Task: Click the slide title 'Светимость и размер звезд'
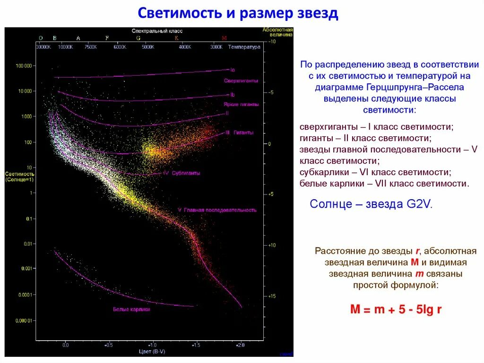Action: pos(238,13)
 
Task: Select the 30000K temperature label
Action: pos(43,47)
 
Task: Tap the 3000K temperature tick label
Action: pos(216,47)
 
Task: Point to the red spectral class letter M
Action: pos(224,38)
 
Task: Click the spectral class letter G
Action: pos(138,38)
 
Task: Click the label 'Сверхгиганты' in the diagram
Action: pos(241,81)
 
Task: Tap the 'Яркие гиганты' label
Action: pos(241,104)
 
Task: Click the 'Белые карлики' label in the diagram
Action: pos(131,309)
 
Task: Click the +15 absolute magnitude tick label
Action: pos(271,296)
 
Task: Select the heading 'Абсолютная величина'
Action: pos(277,32)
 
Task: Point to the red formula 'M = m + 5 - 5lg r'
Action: pos(396,310)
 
